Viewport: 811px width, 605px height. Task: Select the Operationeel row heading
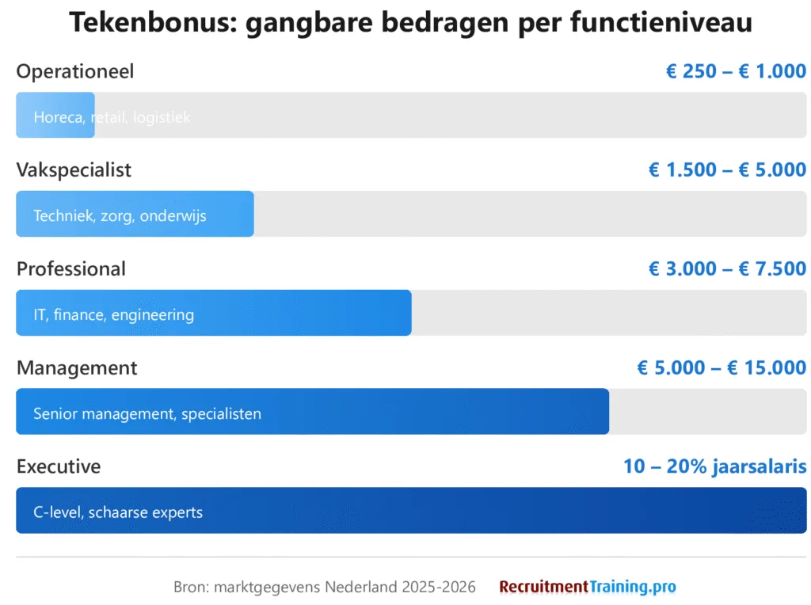tap(75, 71)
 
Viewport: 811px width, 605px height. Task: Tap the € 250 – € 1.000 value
tap(736, 71)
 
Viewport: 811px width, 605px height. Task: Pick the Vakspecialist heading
tap(74, 170)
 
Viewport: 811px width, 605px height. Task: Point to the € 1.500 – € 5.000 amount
tap(727, 170)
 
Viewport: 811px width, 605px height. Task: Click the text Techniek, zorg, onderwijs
tap(120, 215)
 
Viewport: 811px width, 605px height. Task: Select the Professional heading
tap(71, 269)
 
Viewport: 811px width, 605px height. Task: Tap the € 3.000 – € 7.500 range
tap(727, 269)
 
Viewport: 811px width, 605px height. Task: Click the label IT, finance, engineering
tap(113, 314)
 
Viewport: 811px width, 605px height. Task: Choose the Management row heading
tap(77, 368)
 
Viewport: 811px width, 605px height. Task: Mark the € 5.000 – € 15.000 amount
tap(722, 368)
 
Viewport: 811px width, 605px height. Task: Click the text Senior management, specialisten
tap(147, 413)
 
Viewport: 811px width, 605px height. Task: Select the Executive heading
tap(59, 466)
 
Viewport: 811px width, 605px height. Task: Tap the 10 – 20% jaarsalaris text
tap(714, 466)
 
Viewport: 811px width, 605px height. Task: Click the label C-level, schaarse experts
tap(118, 512)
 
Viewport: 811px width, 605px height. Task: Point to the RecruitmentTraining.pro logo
tap(588, 587)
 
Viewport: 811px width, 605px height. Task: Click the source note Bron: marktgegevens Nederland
tap(325, 587)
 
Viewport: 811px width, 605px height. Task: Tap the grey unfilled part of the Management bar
tap(707, 412)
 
